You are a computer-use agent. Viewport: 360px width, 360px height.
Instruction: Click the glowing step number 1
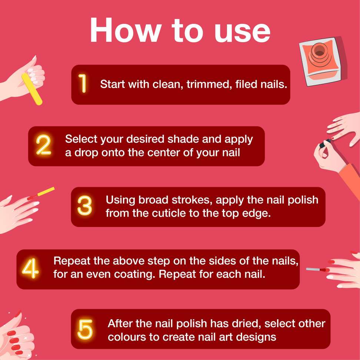83,83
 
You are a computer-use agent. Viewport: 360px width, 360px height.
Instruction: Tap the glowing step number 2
43,145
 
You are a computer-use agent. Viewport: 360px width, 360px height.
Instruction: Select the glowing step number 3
85,206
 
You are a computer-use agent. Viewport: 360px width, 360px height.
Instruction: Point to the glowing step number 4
30,268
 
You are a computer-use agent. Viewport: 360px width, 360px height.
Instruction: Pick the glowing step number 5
85,329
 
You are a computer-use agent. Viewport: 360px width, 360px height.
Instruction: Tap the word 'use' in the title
242,34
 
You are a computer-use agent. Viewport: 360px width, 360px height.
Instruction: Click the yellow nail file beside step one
32,89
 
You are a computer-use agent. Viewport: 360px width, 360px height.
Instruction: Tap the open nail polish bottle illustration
323,61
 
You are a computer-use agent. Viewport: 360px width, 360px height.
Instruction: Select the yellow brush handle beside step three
46,191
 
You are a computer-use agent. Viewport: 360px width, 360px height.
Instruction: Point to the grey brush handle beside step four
313,269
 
